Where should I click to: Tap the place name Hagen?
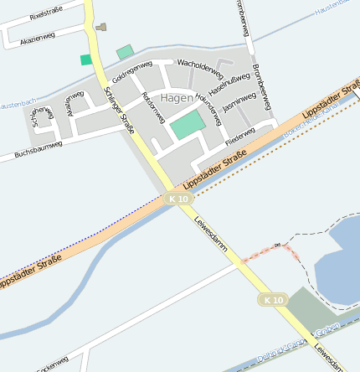[x=176, y=97]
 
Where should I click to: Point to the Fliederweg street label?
[x=241, y=132]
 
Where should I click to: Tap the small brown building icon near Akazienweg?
[x=101, y=27]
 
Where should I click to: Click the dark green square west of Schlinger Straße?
[x=86, y=59]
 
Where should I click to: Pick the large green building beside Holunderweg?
[x=188, y=126]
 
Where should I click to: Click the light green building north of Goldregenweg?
[x=125, y=52]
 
